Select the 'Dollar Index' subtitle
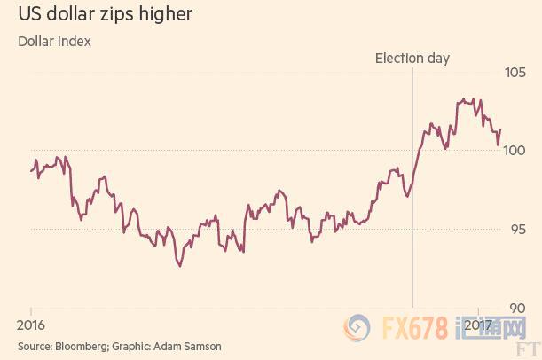pos(54,41)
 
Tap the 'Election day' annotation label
pos(412,59)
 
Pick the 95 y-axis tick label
pos(517,229)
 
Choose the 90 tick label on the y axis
pos(517,308)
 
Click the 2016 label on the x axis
pos(31,324)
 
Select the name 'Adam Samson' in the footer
pos(187,346)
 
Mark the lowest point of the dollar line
pos(180,265)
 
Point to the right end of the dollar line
pos(500,130)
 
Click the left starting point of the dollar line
pos(31,168)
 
